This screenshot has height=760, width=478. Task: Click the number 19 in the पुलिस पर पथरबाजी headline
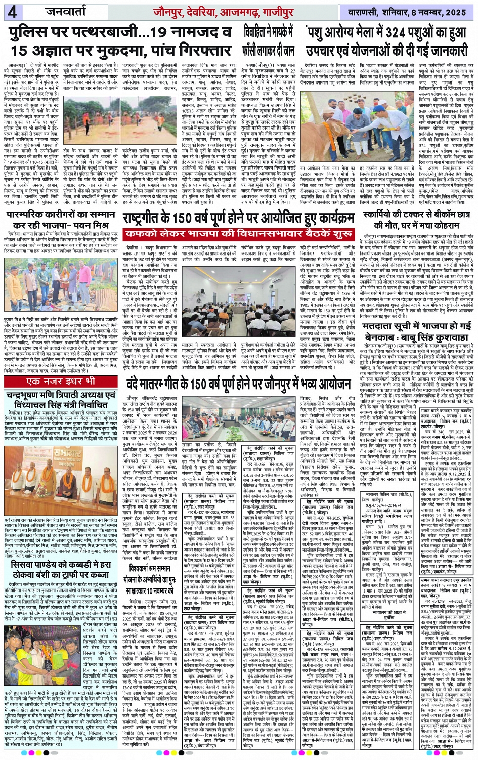click(147, 34)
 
